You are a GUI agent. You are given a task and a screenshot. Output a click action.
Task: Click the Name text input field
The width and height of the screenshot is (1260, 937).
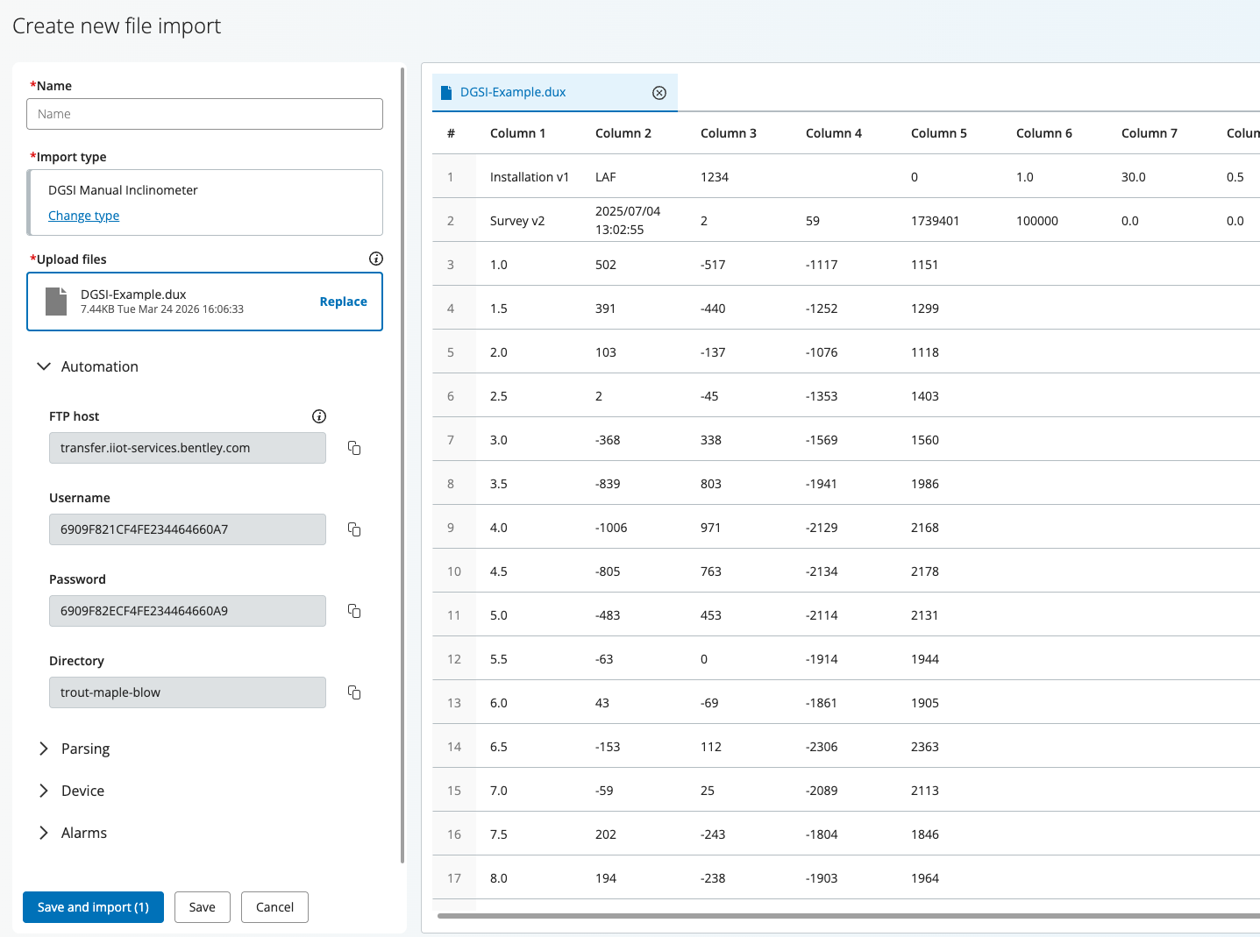tap(204, 114)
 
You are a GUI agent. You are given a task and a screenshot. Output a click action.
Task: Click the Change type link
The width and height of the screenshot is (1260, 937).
tap(83, 216)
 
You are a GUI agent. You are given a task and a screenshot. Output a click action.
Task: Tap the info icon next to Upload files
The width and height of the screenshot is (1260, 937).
tap(375, 259)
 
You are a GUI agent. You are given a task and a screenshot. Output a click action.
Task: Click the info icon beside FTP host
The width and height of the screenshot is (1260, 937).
tap(319, 416)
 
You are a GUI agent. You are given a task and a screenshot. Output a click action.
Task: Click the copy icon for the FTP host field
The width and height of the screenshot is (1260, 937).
tap(354, 448)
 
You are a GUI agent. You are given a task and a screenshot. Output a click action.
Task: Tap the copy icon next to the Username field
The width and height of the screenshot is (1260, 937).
tap(354, 529)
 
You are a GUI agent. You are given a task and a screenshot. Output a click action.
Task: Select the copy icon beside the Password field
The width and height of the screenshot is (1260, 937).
tap(354, 611)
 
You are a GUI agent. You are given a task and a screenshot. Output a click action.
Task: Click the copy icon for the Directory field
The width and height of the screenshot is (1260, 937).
tap(354, 692)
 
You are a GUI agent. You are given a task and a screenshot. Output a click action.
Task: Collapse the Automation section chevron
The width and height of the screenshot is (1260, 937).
tap(44, 366)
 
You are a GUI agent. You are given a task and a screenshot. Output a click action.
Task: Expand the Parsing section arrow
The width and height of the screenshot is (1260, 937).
tap(44, 749)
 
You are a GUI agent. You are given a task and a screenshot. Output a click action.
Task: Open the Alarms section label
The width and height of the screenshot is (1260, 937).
tap(84, 833)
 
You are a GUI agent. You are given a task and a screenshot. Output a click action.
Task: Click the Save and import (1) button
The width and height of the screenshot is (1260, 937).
tap(93, 907)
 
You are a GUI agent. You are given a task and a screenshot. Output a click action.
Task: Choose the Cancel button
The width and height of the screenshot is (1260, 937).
tap(274, 907)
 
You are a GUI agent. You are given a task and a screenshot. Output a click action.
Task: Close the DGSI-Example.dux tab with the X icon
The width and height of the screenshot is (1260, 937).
tap(659, 93)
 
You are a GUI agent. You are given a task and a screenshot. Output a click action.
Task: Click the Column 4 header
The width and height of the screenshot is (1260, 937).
tap(833, 133)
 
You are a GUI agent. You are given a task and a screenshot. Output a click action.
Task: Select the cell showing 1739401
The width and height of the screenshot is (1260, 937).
tap(935, 220)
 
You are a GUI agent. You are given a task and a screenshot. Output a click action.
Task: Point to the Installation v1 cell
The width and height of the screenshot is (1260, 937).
tap(530, 176)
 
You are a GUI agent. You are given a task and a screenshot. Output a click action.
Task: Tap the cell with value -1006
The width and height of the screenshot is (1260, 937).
tap(611, 527)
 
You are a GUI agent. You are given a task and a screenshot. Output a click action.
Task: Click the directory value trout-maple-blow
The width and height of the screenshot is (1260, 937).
tap(110, 692)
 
